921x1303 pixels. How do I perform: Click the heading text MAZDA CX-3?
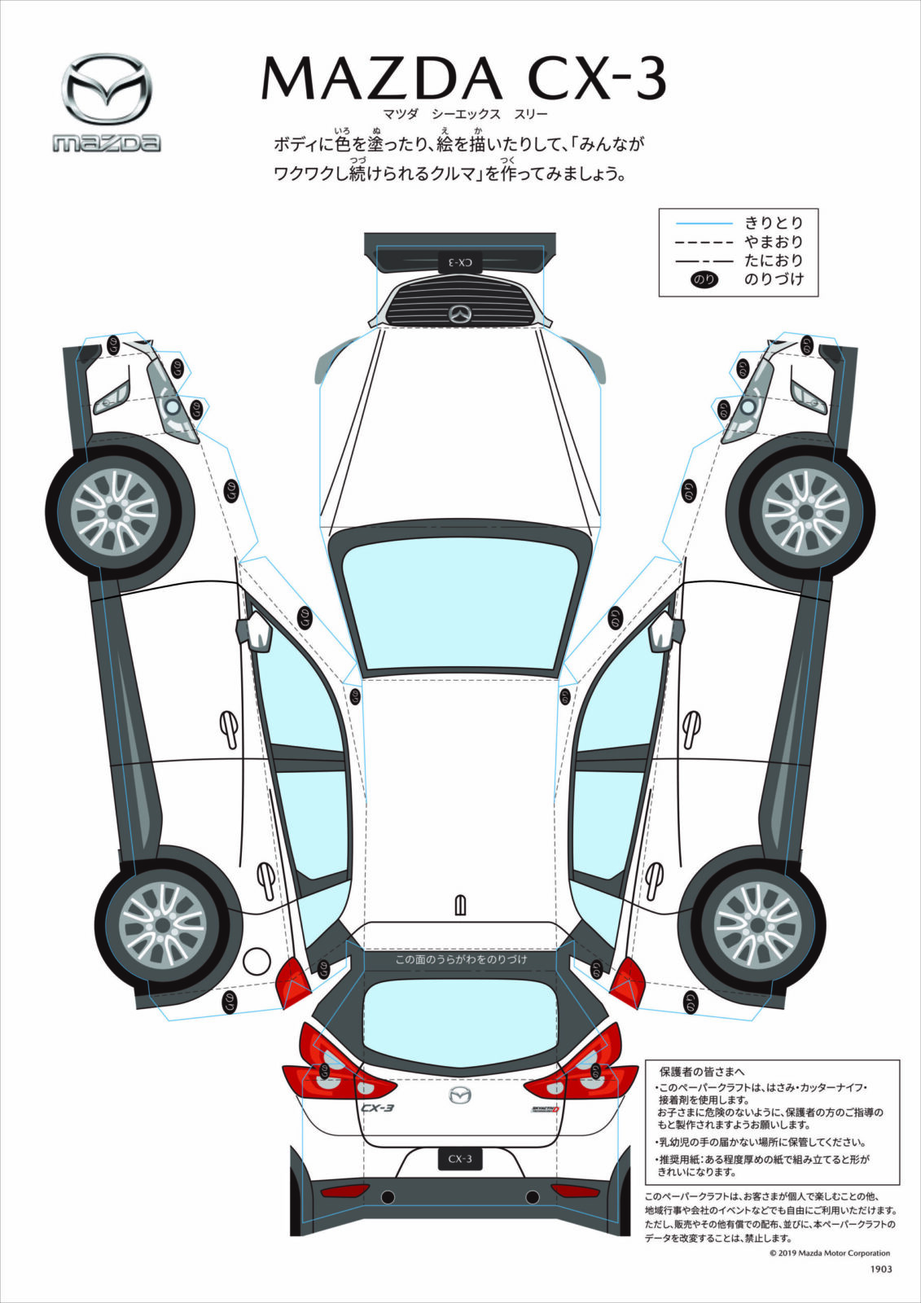click(463, 79)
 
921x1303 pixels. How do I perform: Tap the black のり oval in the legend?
click(704, 279)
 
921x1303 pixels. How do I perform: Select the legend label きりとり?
click(774, 222)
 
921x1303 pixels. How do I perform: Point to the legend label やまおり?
click(774, 242)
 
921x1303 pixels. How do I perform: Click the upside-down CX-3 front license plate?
click(460, 262)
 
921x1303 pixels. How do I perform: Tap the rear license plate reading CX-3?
click(460, 1159)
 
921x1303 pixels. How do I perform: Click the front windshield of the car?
click(461, 602)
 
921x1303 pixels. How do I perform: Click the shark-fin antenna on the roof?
click(461, 905)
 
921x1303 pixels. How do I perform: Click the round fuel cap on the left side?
click(257, 961)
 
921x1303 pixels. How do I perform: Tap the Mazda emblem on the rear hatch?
click(461, 1096)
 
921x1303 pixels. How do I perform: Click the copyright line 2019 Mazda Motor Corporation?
click(829, 1253)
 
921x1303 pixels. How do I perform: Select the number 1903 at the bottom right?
click(881, 1269)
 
